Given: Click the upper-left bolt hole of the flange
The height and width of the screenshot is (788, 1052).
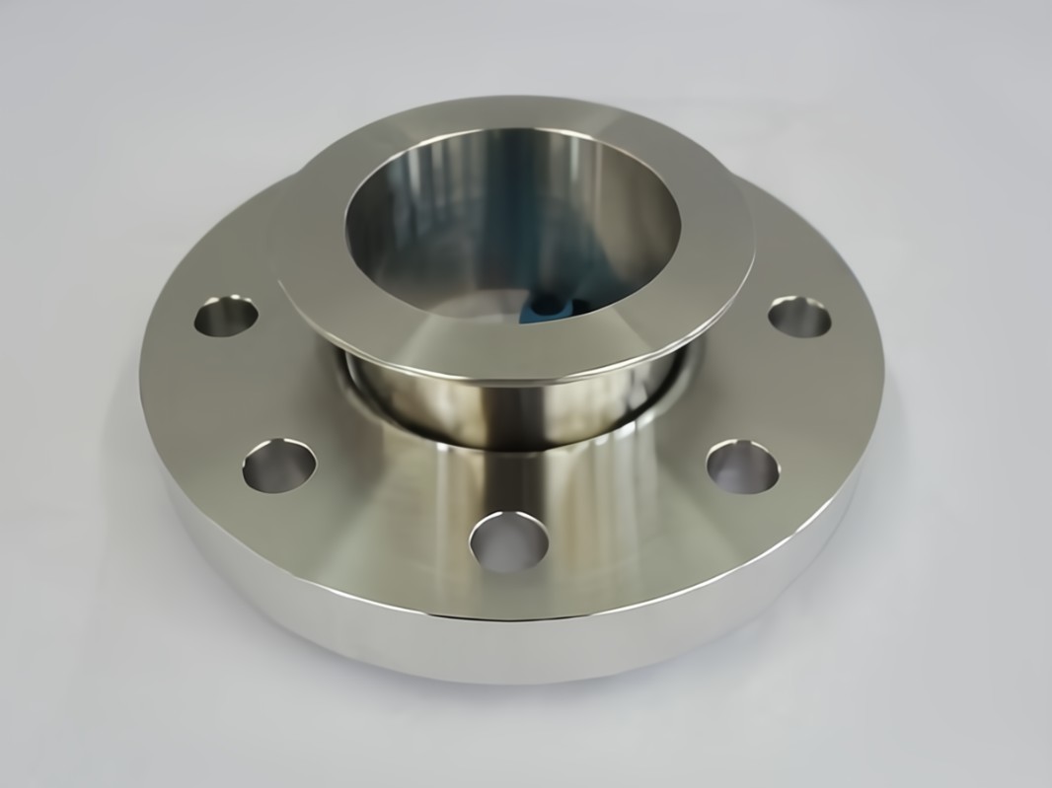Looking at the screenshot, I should pyautogui.click(x=226, y=317).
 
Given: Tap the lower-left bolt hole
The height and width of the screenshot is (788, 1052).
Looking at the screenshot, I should pyautogui.click(x=279, y=466).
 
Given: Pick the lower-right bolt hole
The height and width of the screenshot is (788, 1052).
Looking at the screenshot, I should pyautogui.click(x=742, y=466).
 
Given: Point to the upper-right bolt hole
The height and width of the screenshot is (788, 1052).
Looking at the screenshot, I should pyautogui.click(x=798, y=317).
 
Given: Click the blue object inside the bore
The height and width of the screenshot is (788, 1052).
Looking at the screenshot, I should pyautogui.click(x=554, y=310).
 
